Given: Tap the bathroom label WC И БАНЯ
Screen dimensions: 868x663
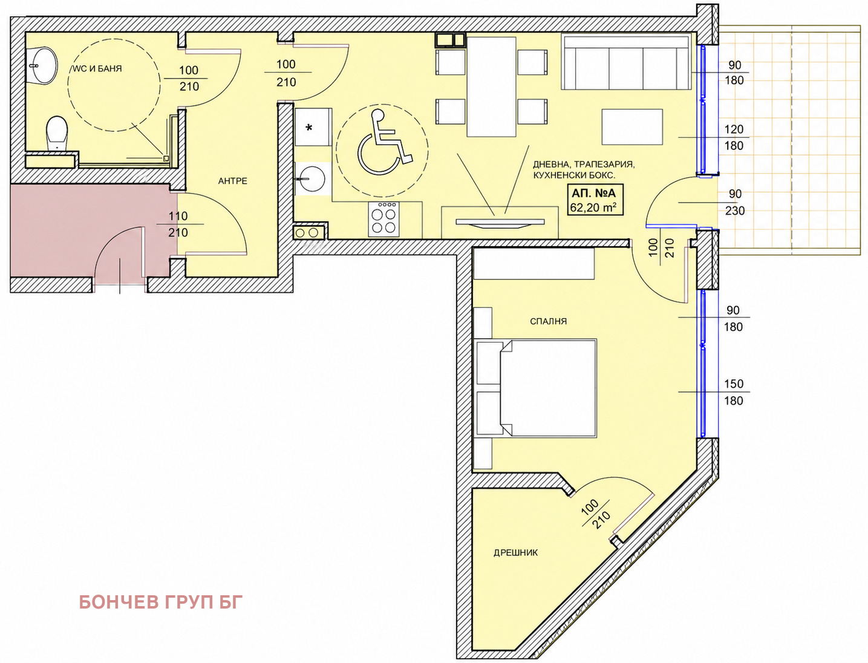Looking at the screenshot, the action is (97, 68).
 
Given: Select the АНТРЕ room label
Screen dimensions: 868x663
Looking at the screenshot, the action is (232, 181).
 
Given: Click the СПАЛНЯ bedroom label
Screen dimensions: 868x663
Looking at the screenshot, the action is (548, 321).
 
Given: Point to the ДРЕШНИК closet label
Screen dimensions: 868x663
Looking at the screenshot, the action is (515, 553).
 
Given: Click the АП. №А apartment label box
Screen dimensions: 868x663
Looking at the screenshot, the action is (595, 199).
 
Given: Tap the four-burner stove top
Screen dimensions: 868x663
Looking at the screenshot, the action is (383, 219).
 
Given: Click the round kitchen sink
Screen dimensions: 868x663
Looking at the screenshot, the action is (312, 178).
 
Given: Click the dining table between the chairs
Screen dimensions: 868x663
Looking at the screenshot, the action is (491, 87).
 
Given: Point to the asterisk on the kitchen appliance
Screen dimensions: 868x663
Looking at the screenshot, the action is (309, 128).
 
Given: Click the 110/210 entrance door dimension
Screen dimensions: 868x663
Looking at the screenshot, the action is (178, 224).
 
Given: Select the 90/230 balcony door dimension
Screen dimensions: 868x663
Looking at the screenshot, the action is (735, 202).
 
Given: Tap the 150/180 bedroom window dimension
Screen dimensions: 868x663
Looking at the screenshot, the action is (734, 392).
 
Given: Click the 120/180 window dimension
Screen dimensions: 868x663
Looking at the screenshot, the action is (734, 137).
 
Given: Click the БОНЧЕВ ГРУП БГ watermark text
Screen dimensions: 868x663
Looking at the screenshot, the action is (161, 602).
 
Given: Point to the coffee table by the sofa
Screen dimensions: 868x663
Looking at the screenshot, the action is (632, 127).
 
